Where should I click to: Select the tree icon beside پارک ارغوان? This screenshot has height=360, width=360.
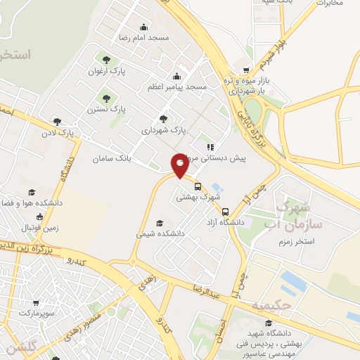coord(106,60)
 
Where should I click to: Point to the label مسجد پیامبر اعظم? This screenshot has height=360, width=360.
coord(176,86)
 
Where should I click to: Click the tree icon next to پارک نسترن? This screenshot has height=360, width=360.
coord(106,98)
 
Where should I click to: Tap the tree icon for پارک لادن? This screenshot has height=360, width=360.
coord(57,121)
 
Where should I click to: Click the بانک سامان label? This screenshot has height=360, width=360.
coord(112,159)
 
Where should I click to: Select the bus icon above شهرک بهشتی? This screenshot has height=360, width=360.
coord(198,187)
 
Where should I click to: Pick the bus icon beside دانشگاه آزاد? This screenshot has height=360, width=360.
coord(225,212)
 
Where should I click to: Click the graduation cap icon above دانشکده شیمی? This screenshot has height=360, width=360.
coord(160,224)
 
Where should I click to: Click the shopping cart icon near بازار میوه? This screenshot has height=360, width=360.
coord(245,70)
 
